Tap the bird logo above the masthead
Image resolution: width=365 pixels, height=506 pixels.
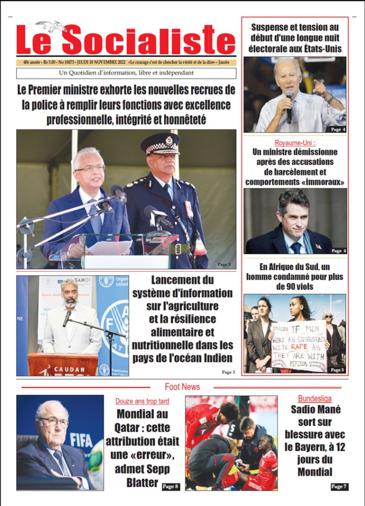(51, 25)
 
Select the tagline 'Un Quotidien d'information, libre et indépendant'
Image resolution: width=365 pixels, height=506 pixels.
(126, 73)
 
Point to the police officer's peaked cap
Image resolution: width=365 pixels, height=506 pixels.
(160, 144)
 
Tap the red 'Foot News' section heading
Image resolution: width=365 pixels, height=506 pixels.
(182, 386)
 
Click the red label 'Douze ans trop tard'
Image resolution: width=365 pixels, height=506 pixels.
(142, 401)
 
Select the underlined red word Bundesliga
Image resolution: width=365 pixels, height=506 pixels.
(315, 398)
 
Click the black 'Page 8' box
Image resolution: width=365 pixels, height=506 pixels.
(170, 487)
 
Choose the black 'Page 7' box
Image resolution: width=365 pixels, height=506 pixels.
(339, 487)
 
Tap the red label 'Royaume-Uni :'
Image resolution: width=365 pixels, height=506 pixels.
(295, 143)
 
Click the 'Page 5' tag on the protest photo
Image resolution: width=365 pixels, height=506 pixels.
(337, 370)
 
